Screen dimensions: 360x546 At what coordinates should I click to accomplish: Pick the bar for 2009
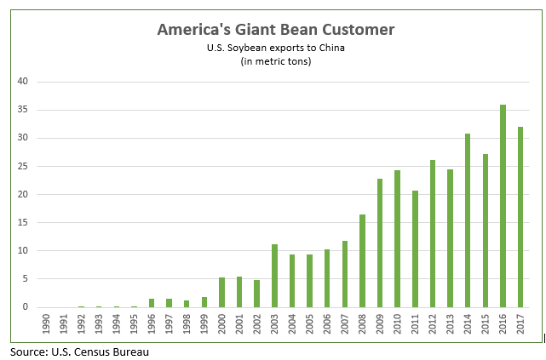(x=380, y=243)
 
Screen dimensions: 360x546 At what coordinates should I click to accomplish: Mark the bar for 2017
(x=520, y=217)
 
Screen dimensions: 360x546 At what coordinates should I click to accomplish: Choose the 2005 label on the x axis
(x=310, y=325)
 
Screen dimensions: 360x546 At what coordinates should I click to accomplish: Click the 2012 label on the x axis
(x=433, y=325)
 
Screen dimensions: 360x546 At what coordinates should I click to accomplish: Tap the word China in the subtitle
(x=329, y=47)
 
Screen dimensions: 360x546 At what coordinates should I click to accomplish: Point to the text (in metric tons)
(x=275, y=60)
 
